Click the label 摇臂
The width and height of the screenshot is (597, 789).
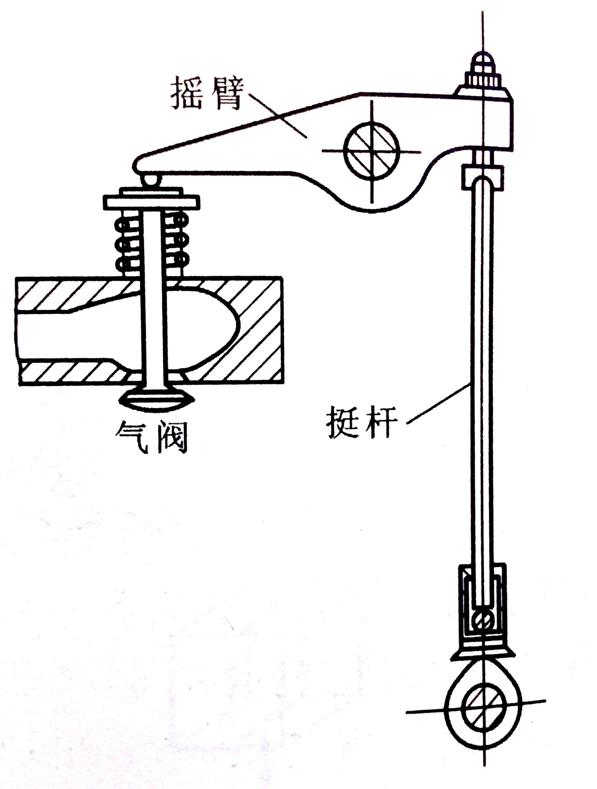(x=208, y=93)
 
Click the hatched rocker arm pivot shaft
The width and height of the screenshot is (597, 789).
(x=371, y=151)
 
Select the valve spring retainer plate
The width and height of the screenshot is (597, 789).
(x=151, y=199)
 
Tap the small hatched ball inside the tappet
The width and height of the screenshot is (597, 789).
(x=483, y=621)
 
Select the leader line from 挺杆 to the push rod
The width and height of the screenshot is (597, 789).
(x=438, y=404)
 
